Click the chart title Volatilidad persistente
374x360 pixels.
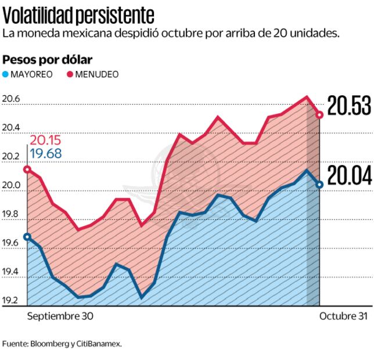pyautogui.click(x=79, y=12)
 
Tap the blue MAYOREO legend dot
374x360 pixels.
pyautogui.click(x=6, y=74)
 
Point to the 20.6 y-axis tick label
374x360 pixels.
pyautogui.click(x=12, y=99)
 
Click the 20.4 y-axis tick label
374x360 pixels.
pyautogui.click(x=12, y=128)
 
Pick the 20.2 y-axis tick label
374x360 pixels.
pyautogui.click(x=12, y=157)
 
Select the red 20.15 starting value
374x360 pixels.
pyautogui.click(x=45, y=141)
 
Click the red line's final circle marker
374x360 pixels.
pyautogui.click(x=319, y=115)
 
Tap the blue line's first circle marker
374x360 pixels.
pyautogui.click(x=27, y=237)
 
